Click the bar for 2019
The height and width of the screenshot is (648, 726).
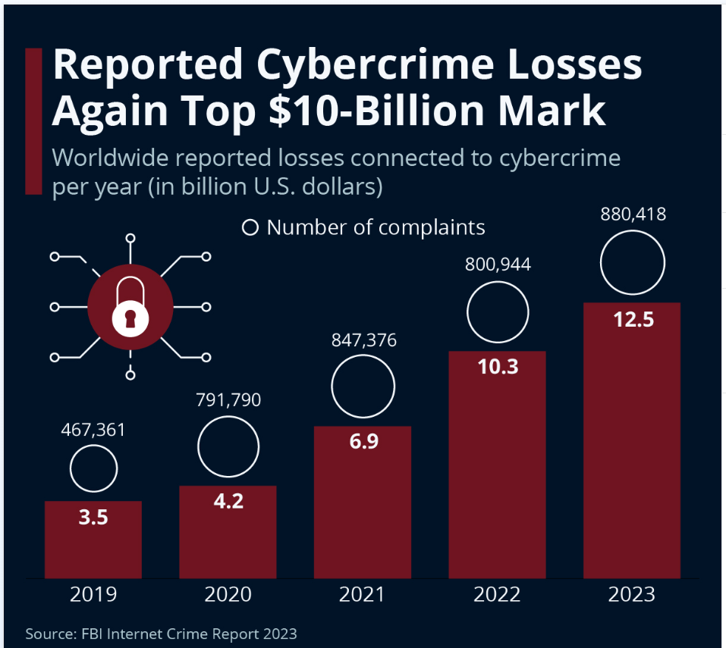click(x=93, y=540)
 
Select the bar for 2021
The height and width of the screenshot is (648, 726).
click(x=363, y=502)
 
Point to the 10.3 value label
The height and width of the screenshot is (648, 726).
click(x=497, y=367)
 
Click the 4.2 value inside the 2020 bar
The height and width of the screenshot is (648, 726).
click(x=228, y=501)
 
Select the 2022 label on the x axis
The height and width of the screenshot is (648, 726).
click(x=497, y=594)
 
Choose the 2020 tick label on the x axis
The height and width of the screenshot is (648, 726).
click(x=228, y=594)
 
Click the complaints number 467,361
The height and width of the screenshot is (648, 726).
click(x=93, y=430)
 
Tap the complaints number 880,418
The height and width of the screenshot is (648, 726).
click(x=632, y=214)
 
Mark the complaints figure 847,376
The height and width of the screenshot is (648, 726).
click(x=363, y=340)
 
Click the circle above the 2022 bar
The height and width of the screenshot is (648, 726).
click(x=498, y=311)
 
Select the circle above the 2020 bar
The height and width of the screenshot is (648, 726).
click(x=228, y=446)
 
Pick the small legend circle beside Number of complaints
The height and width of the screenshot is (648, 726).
click(x=250, y=227)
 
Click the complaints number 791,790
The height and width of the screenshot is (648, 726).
click(x=228, y=399)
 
